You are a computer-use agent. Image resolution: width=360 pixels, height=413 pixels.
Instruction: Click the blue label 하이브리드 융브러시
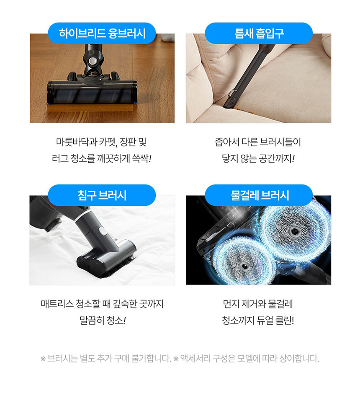[x=102, y=33]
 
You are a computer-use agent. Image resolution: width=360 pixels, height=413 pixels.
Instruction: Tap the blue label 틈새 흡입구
[x=259, y=33]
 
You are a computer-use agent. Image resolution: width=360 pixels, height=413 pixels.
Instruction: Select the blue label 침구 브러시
[x=102, y=195]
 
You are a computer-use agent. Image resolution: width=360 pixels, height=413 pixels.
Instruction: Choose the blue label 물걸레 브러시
[x=259, y=195]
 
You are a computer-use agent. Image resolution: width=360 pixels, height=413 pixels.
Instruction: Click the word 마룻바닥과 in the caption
[x=77, y=142]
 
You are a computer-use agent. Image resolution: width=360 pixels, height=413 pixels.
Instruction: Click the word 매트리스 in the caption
[x=57, y=304]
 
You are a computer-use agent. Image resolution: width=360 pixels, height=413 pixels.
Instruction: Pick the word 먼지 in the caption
[x=231, y=304]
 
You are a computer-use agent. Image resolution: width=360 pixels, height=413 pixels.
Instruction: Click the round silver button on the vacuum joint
[x=92, y=62]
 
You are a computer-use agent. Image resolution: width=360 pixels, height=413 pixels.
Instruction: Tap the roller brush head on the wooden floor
[x=92, y=92]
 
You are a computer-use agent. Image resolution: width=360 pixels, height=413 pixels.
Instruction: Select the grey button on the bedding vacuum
[x=103, y=232]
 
